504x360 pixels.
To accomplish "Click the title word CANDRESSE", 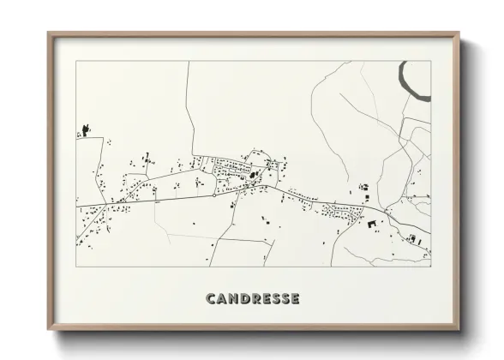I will [x=252, y=298].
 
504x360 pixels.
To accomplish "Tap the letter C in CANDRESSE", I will [x=211, y=298].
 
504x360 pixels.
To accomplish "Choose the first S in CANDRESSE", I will [x=274, y=298].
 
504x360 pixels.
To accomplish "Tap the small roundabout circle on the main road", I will [x=214, y=195].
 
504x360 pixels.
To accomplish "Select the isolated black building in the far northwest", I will [x=85, y=129].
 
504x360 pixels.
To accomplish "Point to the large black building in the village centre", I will [x=254, y=177].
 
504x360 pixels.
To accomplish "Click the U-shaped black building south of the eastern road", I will [x=372, y=226].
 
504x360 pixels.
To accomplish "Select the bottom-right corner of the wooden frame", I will [x=459, y=328].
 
